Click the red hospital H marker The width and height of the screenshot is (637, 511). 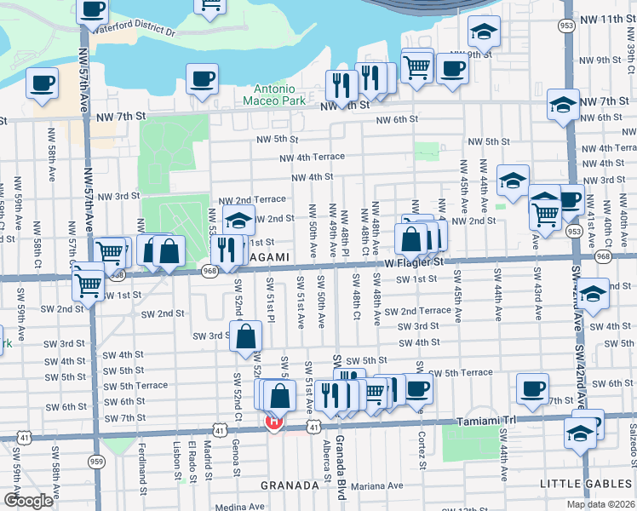coord(274,421)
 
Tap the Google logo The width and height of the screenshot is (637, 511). coord(28,501)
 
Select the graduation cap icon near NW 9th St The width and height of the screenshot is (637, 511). coord(484,33)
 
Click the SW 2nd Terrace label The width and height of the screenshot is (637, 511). coord(417,311)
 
